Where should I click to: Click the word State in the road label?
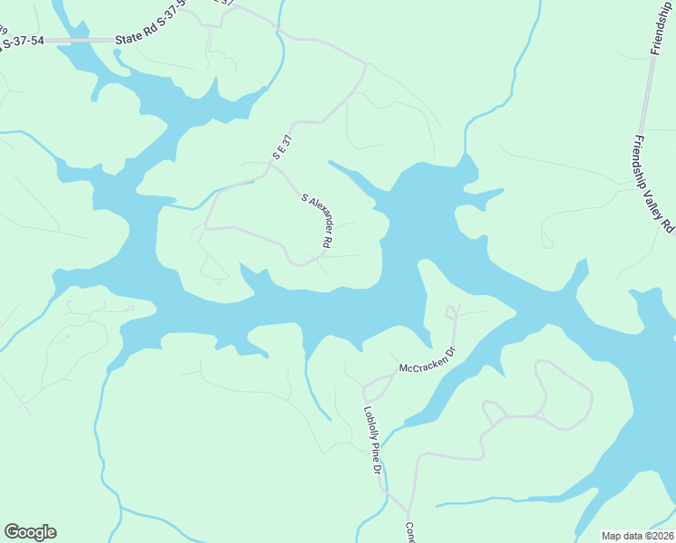pyautogui.click(x=129, y=40)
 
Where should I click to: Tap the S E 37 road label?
pyautogui.click(x=283, y=148)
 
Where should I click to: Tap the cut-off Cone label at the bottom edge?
pyautogui.click(x=409, y=533)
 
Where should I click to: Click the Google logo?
pyautogui.click(x=30, y=532)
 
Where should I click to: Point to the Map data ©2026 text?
pyautogui.click(x=637, y=536)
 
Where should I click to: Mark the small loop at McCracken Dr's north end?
pyautogui.click(x=452, y=312)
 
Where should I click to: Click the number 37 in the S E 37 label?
pyautogui.click(x=287, y=141)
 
